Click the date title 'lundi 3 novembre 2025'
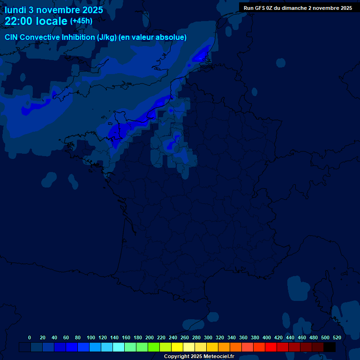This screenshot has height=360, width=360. click(x=54, y=10)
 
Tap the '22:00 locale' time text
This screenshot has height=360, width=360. click(x=36, y=22)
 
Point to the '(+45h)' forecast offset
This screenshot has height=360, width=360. click(x=81, y=21)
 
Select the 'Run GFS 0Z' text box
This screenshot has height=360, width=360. click(x=298, y=8)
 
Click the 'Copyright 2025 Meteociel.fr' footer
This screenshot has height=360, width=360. click(x=199, y=357)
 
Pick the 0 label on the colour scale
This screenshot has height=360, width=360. click(x=30, y=337)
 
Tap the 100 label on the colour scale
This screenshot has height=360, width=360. click(x=91, y=337)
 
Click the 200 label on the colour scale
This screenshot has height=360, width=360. click(x=150, y=337)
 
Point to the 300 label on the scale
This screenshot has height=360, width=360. click(x=208, y=337)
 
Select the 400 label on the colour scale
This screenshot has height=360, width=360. click(x=267, y=337)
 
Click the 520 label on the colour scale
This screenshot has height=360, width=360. click(x=337, y=337)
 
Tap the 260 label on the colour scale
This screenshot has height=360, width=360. click(x=185, y=337)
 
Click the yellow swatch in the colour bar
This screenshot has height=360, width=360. click(x=177, y=347)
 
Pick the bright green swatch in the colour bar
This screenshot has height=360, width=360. click(x=154, y=347)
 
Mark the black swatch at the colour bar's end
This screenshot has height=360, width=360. click(x=330, y=347)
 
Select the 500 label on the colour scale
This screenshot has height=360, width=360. click(x=325, y=337)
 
